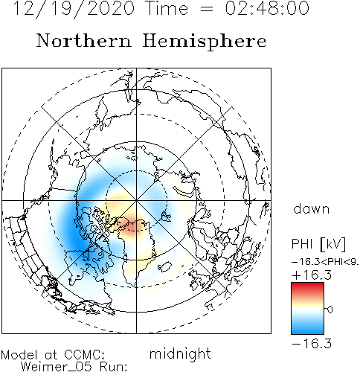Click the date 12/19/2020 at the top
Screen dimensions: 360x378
74,9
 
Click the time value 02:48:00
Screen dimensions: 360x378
267,8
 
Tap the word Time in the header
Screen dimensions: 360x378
167,8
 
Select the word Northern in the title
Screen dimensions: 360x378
84,41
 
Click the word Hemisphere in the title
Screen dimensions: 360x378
205,42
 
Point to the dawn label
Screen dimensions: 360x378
312,208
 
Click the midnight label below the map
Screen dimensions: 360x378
180,354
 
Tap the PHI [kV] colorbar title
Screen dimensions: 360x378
318,244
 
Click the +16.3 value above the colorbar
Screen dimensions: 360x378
312,275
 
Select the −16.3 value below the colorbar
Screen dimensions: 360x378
312,344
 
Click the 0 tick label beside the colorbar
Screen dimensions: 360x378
330,310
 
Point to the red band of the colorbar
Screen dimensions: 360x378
307,289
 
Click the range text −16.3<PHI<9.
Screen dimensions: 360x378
325,262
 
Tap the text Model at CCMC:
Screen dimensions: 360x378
53,355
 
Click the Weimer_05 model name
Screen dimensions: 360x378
57,367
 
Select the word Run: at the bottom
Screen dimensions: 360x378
113,366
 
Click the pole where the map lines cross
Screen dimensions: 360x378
136,200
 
